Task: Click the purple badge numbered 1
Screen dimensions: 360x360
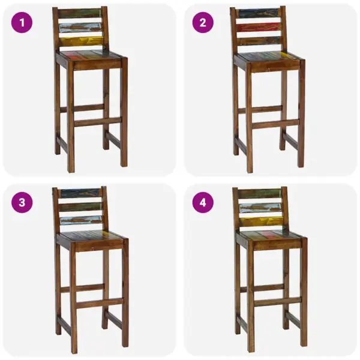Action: [x=22, y=23]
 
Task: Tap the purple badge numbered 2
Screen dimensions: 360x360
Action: [x=203, y=23]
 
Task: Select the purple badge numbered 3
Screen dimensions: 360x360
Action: [x=22, y=202]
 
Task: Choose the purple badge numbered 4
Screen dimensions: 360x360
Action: [x=203, y=202]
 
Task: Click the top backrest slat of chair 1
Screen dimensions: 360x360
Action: [x=80, y=13]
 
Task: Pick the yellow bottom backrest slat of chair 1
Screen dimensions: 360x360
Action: [x=81, y=41]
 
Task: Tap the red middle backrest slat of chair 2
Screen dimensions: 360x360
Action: [x=258, y=28]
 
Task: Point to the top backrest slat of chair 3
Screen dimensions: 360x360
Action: [x=80, y=193]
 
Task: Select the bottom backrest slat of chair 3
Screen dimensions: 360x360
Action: [x=81, y=221]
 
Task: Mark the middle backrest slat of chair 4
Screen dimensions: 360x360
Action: [x=260, y=208]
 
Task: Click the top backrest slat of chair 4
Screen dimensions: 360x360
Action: [x=260, y=193]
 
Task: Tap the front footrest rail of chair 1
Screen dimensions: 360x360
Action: [x=97, y=122]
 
